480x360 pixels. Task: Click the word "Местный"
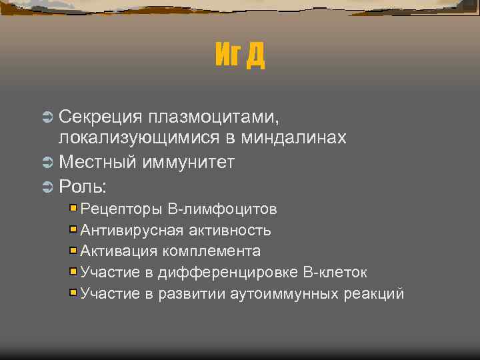(97, 161)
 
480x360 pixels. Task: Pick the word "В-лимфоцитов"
(223, 209)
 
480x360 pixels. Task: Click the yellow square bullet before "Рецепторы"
(73, 209)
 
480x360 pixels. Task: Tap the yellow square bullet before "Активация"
(73, 251)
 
